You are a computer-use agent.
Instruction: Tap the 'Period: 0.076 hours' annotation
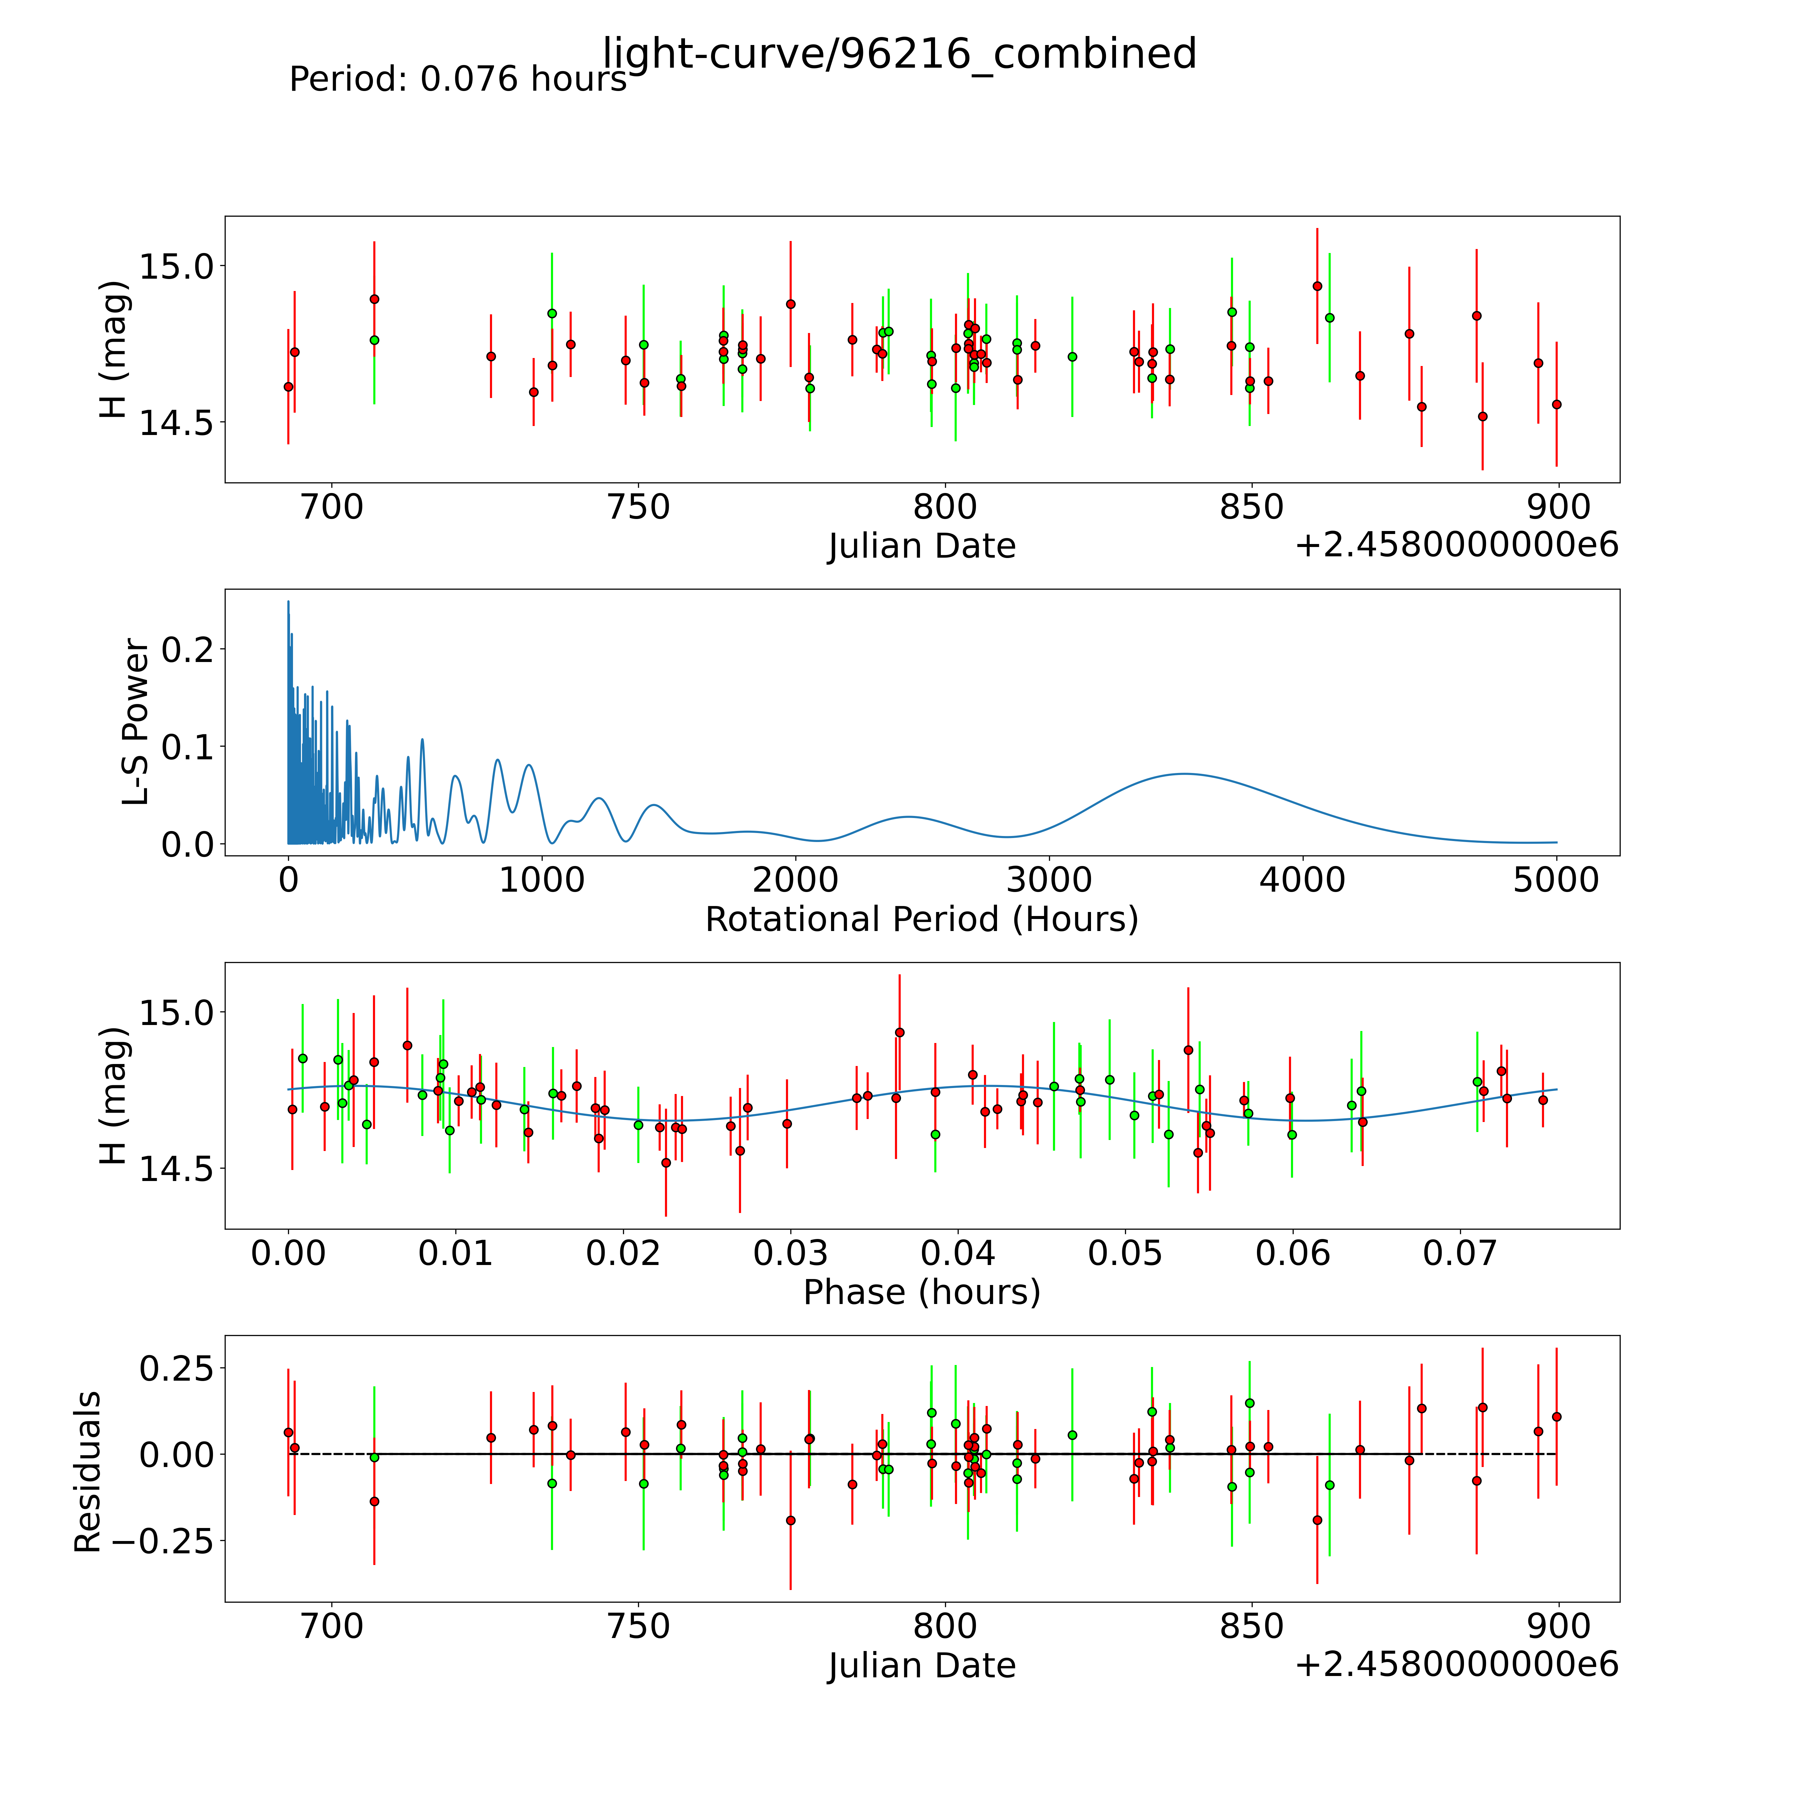tap(457, 79)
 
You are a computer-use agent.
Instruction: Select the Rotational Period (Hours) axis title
tap(921, 920)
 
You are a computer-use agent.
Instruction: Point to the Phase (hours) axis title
tap(921, 1292)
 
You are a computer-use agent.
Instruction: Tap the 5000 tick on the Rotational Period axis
tap(1556, 880)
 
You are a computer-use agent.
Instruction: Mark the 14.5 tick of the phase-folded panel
tap(176, 1168)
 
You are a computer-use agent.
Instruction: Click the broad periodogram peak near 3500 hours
tap(1183, 773)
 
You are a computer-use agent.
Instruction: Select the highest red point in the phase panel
tap(899, 1032)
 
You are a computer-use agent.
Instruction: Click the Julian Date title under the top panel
tap(921, 546)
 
